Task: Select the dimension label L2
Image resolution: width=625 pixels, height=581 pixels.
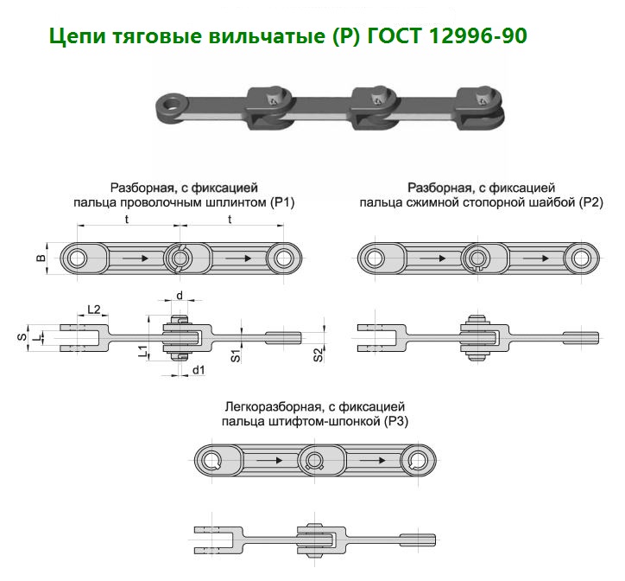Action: click(x=95, y=310)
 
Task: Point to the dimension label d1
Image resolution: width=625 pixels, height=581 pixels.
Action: click(x=198, y=370)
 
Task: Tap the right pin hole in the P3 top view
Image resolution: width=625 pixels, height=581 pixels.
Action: click(x=420, y=459)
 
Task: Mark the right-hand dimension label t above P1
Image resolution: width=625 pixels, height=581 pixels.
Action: click(x=230, y=220)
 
